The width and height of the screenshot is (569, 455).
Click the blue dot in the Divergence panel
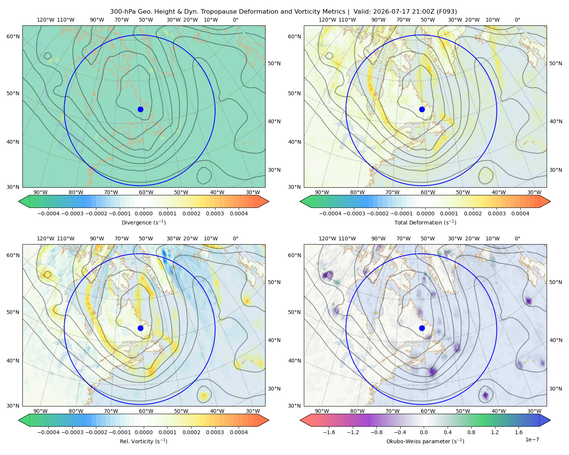[140, 109]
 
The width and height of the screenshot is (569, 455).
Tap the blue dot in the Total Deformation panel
[422, 109]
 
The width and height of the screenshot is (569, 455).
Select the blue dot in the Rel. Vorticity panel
[140, 328]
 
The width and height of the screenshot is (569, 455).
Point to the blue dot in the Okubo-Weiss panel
[422, 328]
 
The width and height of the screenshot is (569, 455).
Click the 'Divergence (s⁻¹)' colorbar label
[143, 222]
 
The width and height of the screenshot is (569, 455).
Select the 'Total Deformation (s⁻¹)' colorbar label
[425, 222]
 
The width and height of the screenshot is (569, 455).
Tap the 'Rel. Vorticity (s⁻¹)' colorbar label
[143, 441]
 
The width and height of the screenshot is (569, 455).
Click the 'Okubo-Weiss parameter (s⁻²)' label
[425, 441]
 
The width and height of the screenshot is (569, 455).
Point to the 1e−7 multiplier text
[532, 439]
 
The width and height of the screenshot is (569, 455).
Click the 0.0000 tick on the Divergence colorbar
[143, 213]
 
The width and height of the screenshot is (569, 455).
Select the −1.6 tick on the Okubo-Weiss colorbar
[329, 432]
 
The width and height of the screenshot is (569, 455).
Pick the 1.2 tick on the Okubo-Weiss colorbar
[495, 432]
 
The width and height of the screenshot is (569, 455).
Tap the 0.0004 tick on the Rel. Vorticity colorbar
[239, 432]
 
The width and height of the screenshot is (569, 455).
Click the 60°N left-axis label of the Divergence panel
[13, 36]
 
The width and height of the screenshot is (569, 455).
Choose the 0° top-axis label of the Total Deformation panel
[517, 20]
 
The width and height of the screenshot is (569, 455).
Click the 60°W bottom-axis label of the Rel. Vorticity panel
[146, 411]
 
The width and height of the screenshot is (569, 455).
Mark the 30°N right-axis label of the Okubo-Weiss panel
[556, 389]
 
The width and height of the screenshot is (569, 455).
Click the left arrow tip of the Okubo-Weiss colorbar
[300, 420]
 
